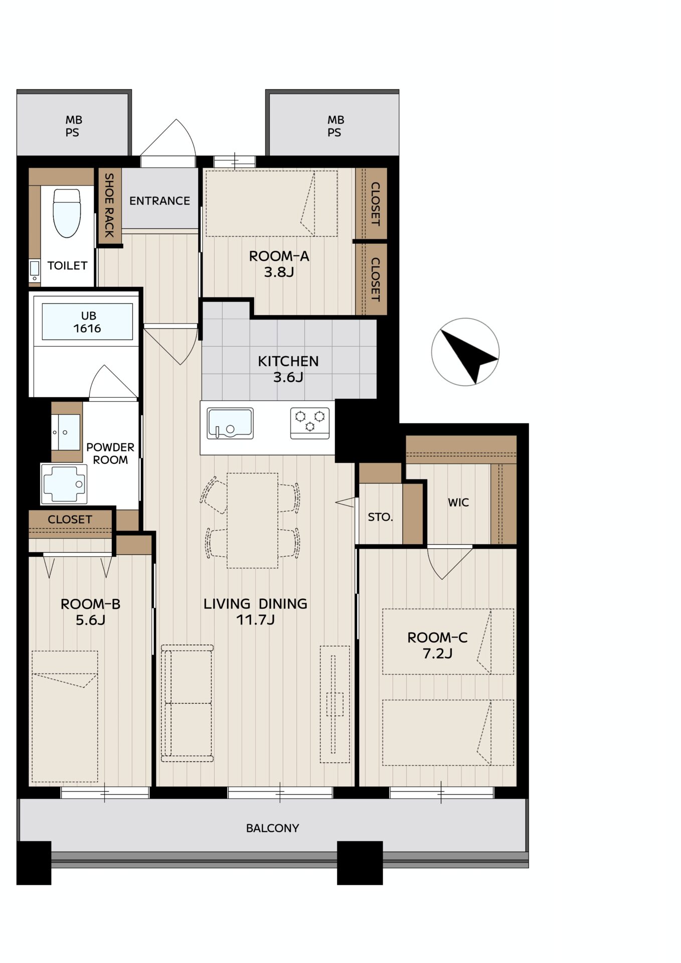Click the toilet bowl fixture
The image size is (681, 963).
pos(67,213)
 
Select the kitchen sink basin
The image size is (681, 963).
pos(230,424)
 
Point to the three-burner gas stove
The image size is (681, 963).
pos(310,423)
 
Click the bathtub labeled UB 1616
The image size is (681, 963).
pos(87,322)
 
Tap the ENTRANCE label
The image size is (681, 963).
pos(159,201)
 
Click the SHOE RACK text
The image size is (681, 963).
pos(109,205)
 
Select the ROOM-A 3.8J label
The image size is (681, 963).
pos(279,264)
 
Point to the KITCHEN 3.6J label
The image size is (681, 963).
pos(288,369)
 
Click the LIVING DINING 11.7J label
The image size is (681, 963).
pos(255,611)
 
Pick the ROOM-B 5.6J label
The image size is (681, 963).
pos(90,612)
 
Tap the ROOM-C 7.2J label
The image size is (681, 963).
pos(437,646)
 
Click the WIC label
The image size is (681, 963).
pos(458,503)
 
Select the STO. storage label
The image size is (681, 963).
pos(380,517)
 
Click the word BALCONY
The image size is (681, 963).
pos(272,828)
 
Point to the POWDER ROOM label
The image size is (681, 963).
pos(110,453)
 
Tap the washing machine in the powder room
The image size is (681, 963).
pos(64,484)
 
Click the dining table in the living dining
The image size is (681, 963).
pos(252,521)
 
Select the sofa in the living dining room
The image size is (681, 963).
pos(187,703)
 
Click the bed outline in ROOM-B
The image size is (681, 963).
pos(65,716)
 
